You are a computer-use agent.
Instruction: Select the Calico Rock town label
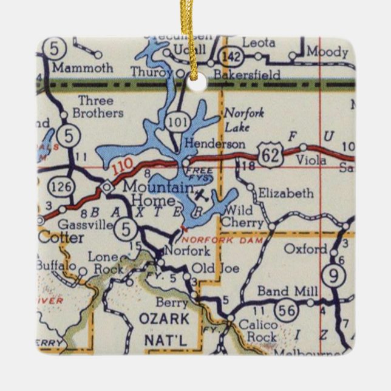[x=257, y=331]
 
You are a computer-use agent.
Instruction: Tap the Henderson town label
[x=216, y=144]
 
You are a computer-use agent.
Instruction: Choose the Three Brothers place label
[x=97, y=107]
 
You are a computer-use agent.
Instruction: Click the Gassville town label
[x=90, y=225]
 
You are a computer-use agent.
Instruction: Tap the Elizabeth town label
[x=285, y=194]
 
